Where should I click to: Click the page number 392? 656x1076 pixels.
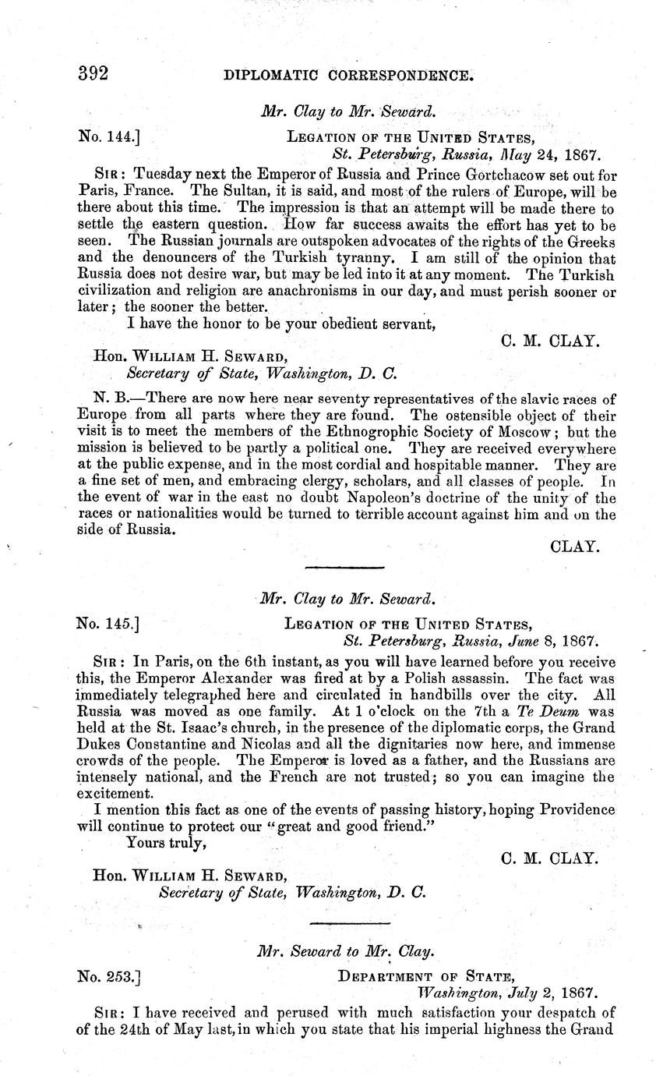pyautogui.click(x=92, y=76)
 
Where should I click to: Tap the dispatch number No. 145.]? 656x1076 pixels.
pyautogui.click(x=108, y=624)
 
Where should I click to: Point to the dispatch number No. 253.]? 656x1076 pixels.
pyautogui.click(x=108, y=975)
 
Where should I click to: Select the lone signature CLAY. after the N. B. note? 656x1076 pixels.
pyautogui.click(x=574, y=547)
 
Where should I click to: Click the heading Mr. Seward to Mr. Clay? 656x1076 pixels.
pyautogui.click(x=346, y=951)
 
